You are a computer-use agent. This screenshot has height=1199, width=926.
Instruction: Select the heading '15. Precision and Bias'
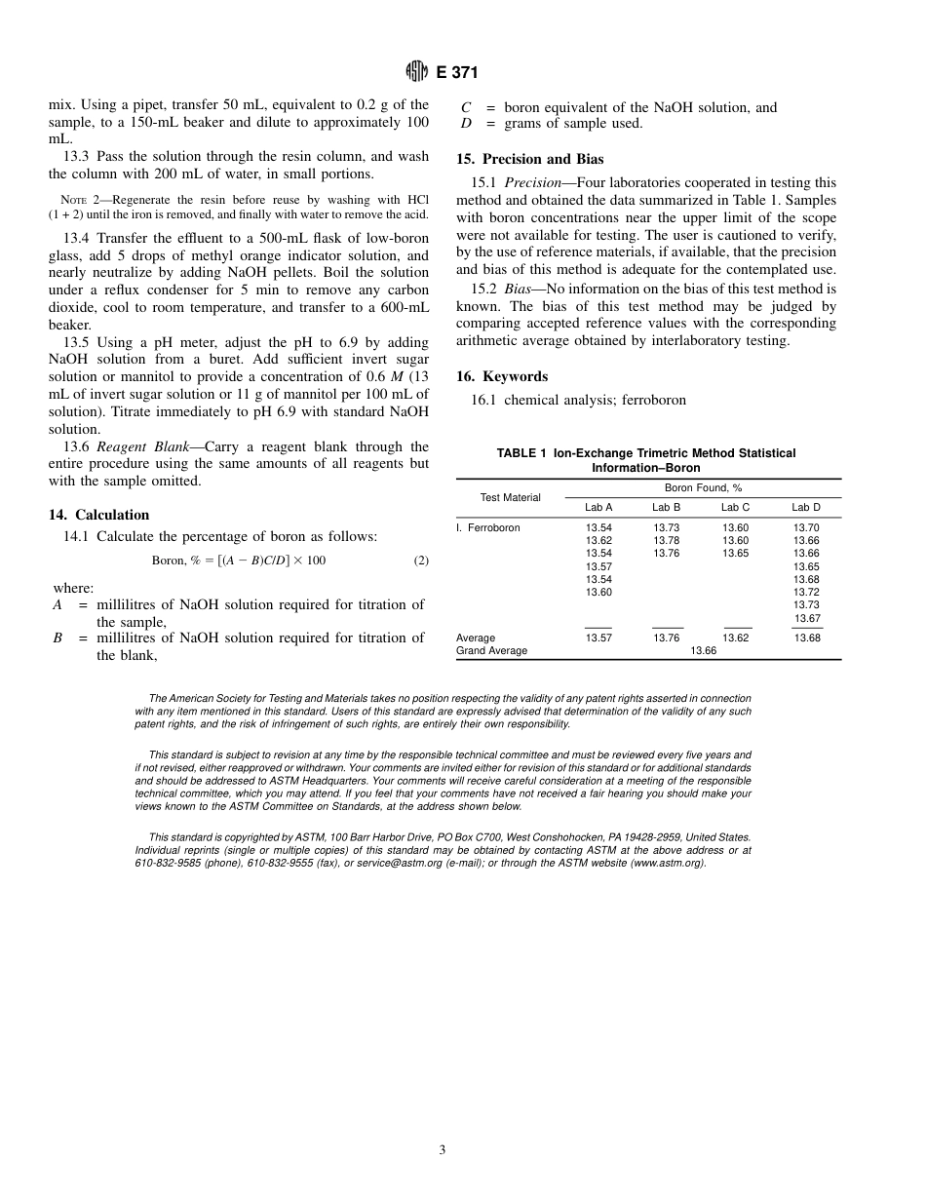[x=530, y=159]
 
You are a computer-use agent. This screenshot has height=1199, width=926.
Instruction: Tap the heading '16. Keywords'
[x=502, y=376]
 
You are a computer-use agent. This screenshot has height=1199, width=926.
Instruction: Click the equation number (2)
[x=420, y=561]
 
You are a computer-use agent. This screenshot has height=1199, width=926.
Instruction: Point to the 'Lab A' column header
[x=598, y=507]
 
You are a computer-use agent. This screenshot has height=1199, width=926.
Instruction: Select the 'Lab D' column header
[x=806, y=507]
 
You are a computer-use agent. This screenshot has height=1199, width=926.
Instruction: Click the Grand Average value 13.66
[x=703, y=650]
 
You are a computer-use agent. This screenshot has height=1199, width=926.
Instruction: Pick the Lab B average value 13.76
[x=667, y=638]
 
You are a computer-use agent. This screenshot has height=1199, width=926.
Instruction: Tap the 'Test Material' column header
[x=510, y=497]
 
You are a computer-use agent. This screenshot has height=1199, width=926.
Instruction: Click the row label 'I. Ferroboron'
[x=488, y=527]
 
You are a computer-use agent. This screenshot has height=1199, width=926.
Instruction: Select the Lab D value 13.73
[x=806, y=605]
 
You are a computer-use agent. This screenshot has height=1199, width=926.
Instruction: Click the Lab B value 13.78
[x=667, y=540]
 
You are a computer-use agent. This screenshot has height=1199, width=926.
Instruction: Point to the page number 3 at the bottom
[x=442, y=1149]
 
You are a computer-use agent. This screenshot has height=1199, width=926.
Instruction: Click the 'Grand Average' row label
[x=491, y=650]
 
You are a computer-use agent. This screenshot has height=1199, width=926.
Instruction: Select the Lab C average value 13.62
[x=736, y=638]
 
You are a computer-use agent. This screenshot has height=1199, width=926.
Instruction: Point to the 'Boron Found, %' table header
[x=703, y=487]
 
